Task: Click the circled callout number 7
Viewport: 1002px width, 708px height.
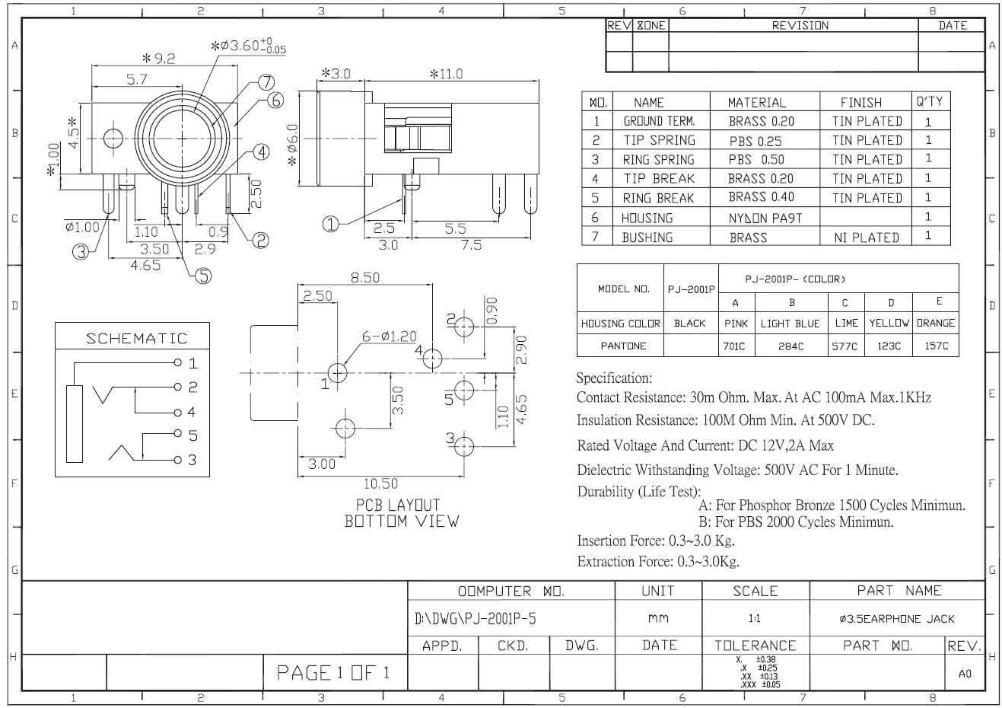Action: (266, 82)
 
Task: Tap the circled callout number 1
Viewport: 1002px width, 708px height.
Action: (330, 225)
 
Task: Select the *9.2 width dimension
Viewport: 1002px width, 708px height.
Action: (158, 58)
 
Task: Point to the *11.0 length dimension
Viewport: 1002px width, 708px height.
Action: (446, 74)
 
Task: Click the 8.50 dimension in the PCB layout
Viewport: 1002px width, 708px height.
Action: (365, 278)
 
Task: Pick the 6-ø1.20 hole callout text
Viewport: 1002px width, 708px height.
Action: (390, 336)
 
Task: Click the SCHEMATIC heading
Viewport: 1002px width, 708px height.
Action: (136, 338)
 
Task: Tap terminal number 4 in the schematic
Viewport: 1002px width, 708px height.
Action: (192, 412)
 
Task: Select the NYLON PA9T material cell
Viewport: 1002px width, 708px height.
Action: (765, 218)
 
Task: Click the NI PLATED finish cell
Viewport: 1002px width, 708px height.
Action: (867, 238)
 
